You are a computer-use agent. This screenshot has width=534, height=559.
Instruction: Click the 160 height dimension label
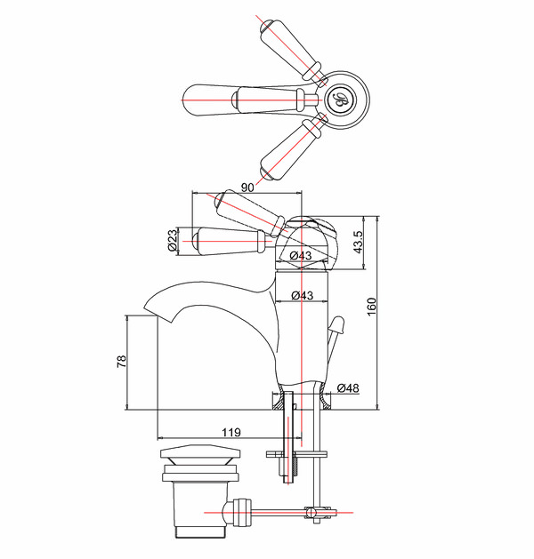(371, 307)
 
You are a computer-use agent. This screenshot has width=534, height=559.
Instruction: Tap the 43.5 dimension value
(358, 242)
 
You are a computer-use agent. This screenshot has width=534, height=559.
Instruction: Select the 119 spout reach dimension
(231, 433)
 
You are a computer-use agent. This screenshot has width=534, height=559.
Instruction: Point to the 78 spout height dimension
(121, 362)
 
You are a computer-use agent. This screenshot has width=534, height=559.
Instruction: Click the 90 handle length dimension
(247, 188)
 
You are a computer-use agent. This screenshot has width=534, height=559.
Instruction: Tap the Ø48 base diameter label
(348, 387)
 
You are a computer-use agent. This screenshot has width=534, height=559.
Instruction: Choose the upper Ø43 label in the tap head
(301, 255)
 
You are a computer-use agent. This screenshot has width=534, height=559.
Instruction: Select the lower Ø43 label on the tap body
(302, 295)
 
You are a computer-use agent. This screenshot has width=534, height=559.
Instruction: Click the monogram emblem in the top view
(340, 100)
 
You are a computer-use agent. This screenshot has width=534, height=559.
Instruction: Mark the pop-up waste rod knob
(336, 325)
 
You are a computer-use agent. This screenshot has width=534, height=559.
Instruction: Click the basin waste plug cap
(200, 452)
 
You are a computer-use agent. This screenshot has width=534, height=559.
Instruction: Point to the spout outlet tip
(150, 307)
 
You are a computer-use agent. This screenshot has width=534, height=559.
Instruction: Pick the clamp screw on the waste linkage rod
(310, 513)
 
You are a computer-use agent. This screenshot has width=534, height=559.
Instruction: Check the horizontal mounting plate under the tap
(296, 454)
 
